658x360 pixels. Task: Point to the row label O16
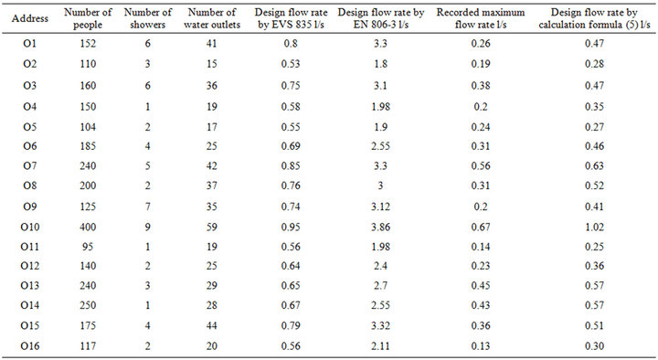[28, 346]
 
